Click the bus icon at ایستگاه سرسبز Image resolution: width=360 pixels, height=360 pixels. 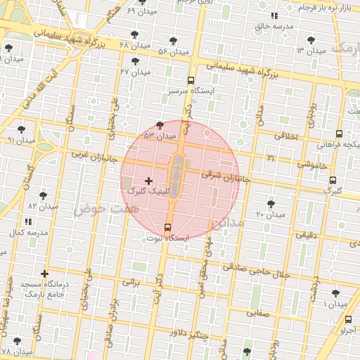(x=191, y=80)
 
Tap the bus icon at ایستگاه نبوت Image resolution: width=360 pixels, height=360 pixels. (x=167, y=227)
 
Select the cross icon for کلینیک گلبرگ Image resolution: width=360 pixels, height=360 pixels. (x=148, y=181)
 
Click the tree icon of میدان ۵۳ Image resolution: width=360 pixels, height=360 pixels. (x=161, y=124)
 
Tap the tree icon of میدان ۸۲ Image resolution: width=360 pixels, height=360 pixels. (x=44, y=195)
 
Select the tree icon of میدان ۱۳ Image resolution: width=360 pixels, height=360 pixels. (x=311, y=40)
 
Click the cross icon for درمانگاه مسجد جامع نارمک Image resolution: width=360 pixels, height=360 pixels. (x=46, y=274)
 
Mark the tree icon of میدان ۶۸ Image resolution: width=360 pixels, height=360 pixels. (x=134, y=34)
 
